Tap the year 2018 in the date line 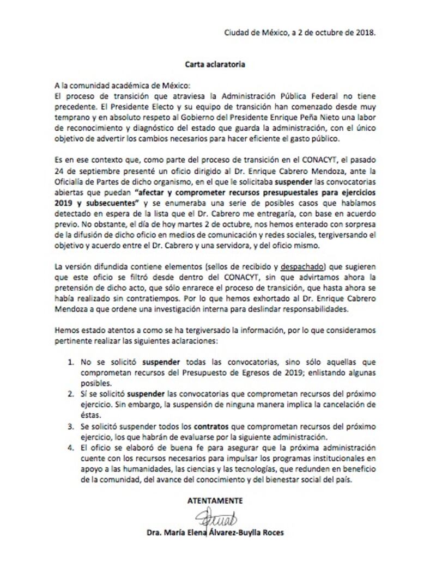pos(365,32)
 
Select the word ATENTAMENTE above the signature pos(215,500)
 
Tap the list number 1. pos(71,362)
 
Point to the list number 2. pos(71,393)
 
